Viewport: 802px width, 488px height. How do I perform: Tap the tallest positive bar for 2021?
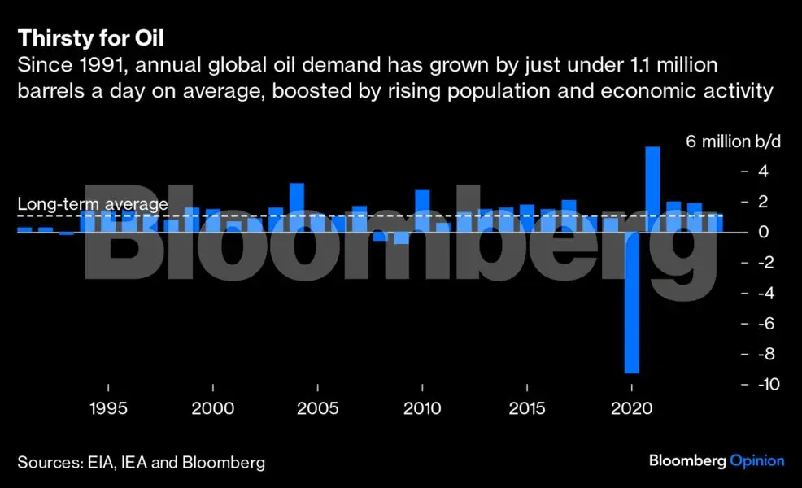click(x=652, y=189)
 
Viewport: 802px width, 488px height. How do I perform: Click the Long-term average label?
click(x=92, y=205)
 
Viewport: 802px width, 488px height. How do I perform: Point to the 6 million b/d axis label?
click(x=733, y=142)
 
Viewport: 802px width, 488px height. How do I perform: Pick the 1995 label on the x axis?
click(x=108, y=407)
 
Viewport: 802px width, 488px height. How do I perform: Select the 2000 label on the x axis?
click(x=213, y=407)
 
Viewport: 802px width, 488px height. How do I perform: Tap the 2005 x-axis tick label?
click(x=317, y=407)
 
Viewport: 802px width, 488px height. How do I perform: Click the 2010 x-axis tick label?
click(x=422, y=407)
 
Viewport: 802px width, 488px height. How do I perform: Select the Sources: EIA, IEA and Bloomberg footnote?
click(x=142, y=463)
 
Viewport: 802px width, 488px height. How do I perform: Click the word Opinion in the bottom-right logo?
click(x=756, y=461)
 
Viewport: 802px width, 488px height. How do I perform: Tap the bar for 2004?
click(x=297, y=207)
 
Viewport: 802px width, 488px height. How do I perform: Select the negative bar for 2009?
click(x=401, y=237)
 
